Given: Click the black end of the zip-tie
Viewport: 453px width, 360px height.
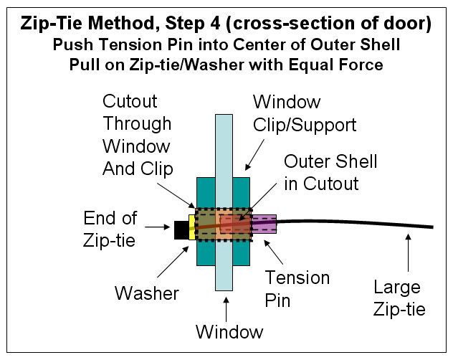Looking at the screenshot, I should pyautogui.click(x=181, y=229).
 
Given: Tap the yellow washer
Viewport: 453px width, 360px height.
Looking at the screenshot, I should pyautogui.click(x=191, y=227).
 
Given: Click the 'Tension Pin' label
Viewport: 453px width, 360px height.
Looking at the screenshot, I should pyautogui.click(x=297, y=288).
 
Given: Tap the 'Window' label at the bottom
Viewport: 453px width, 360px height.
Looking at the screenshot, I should pyautogui.click(x=230, y=333).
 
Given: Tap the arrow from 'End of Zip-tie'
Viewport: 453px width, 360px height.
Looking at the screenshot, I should pyautogui.click(x=161, y=229).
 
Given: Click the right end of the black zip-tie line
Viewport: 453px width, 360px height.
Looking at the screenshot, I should pyautogui.click(x=432, y=227).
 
